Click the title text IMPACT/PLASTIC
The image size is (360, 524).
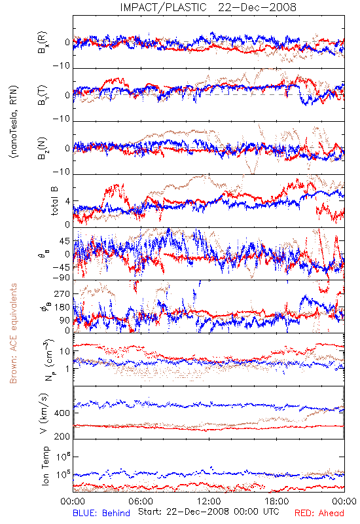click(163, 7)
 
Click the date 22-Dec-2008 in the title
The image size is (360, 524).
click(257, 7)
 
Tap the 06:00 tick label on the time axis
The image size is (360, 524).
click(141, 501)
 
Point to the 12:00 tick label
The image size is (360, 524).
click(209, 501)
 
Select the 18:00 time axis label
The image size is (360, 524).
click(277, 501)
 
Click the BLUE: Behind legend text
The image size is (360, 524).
click(101, 513)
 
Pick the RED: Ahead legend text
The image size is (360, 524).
click(319, 513)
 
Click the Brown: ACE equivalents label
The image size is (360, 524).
click(13, 333)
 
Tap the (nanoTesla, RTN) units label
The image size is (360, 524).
click(14, 122)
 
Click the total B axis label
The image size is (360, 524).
click(54, 201)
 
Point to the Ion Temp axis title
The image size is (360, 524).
click(45, 466)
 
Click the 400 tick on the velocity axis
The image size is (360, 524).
click(62, 413)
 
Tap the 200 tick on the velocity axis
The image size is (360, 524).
click(62, 436)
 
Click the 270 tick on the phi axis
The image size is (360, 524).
click(62, 293)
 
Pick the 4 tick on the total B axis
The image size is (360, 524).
click(68, 201)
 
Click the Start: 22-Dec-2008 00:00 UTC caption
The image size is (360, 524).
click(209, 512)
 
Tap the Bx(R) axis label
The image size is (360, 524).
click(43, 43)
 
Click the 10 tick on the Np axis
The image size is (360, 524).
click(65, 352)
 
